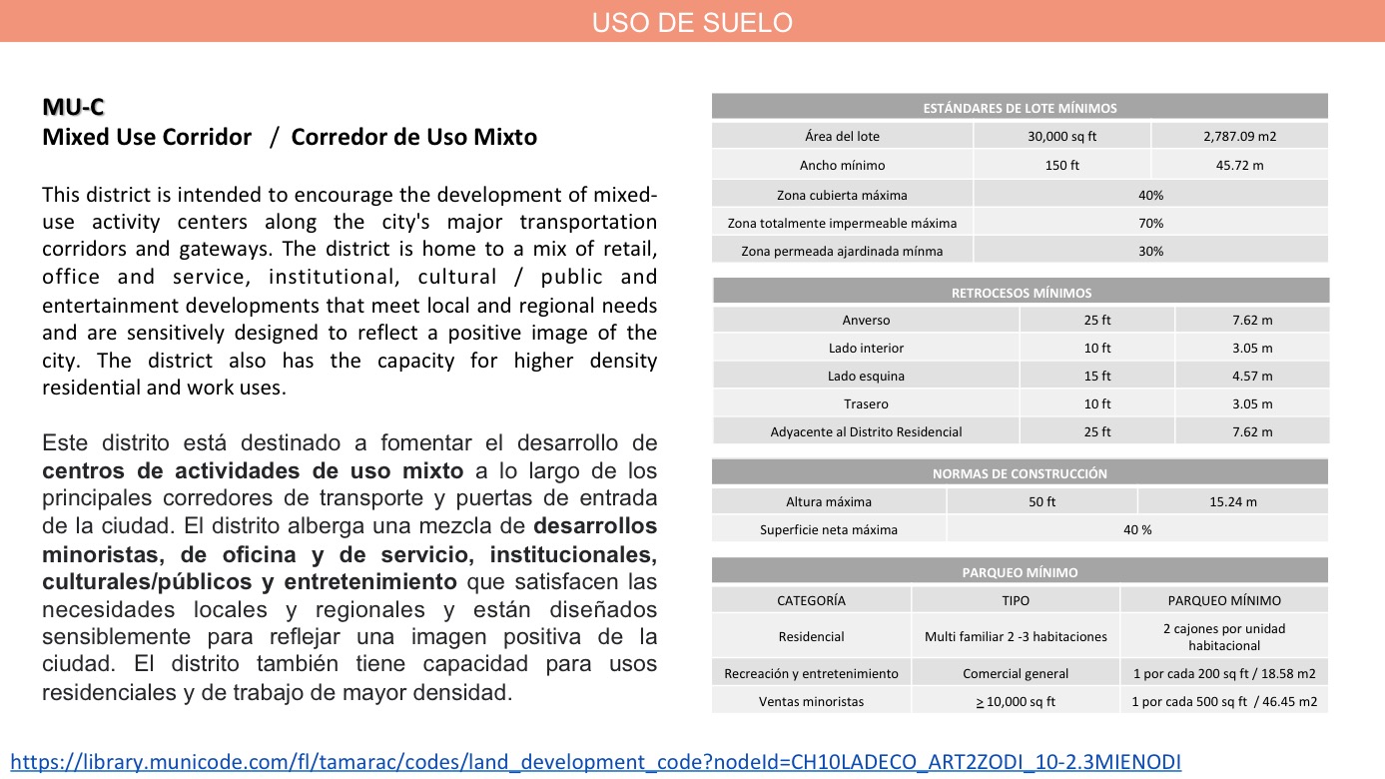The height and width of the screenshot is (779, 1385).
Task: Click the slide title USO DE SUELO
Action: [692, 22]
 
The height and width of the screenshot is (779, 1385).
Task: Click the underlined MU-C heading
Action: [73, 107]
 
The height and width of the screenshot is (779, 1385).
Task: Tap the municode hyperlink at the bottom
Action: [595, 762]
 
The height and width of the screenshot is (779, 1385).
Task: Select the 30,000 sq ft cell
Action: [1061, 136]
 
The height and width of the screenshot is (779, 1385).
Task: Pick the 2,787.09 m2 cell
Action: [1239, 136]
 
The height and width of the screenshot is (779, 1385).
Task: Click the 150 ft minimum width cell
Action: [1061, 165]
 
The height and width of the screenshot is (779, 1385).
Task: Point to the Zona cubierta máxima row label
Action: [842, 195]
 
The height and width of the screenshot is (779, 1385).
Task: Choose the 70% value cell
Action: [1150, 223]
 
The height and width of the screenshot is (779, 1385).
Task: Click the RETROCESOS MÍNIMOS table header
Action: [1021, 293]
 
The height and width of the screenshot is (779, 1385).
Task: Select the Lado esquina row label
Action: [866, 376]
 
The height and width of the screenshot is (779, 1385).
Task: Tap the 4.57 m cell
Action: [1252, 376]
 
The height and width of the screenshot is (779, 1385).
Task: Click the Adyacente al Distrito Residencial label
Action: [866, 431]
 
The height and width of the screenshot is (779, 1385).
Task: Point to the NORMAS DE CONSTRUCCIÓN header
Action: [1020, 473]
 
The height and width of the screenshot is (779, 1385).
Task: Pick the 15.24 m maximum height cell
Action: [1232, 501]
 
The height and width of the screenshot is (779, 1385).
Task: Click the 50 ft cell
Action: [1041, 501]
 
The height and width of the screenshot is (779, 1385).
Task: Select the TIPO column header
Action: [1015, 600]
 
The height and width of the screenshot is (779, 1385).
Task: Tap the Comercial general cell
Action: [1015, 673]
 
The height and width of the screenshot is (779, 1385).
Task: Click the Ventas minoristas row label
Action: [811, 701]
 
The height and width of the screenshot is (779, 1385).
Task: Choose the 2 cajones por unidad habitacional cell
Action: [1224, 636]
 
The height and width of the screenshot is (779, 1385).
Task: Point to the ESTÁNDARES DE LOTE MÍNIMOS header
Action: [1020, 108]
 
